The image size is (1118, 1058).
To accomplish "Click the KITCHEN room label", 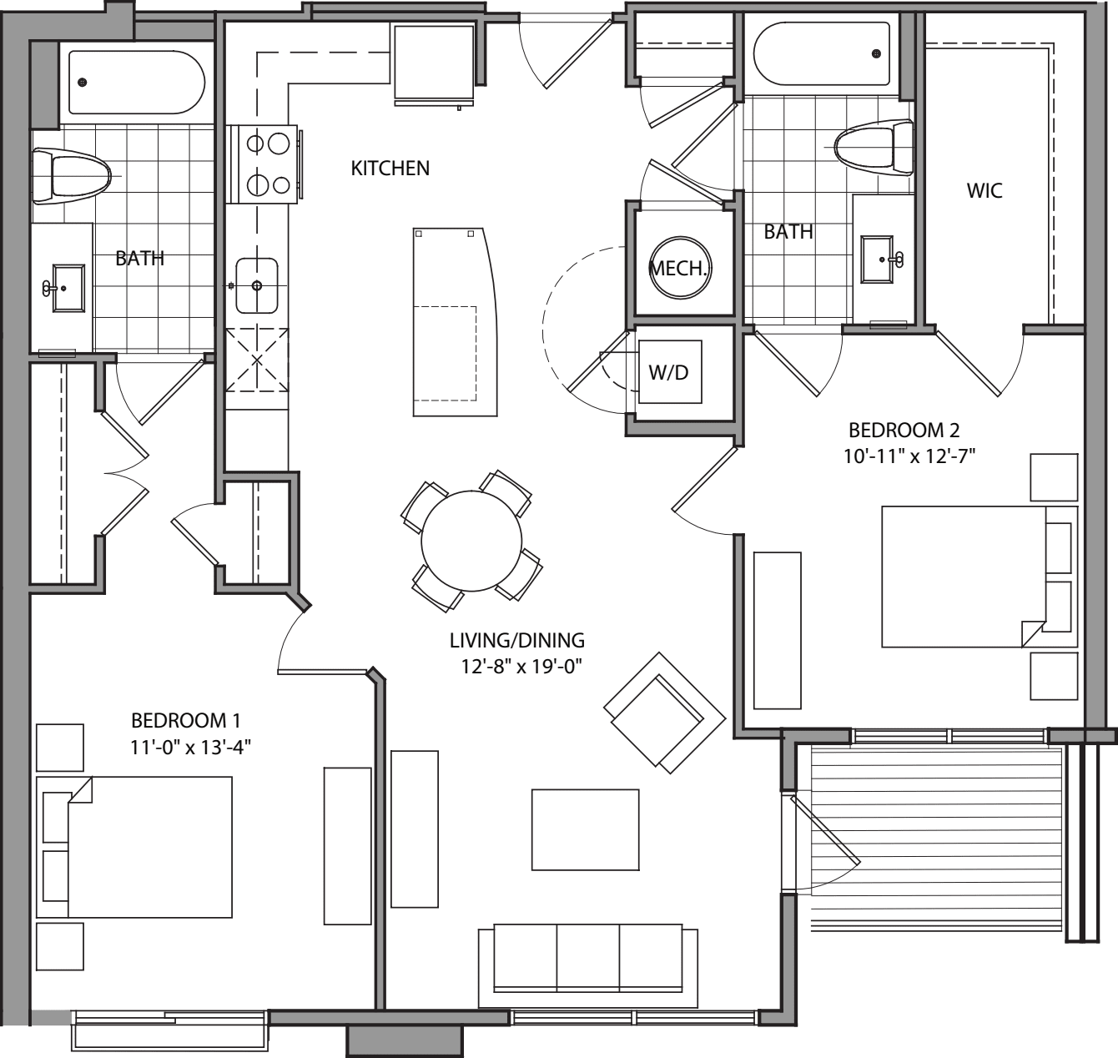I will coord(390,168).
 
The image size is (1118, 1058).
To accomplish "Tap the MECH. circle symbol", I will coord(679,269).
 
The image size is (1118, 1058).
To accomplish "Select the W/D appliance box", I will coord(669,372).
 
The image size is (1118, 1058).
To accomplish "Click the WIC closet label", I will coord(985,190).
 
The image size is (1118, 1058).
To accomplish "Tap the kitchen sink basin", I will coord(256,285).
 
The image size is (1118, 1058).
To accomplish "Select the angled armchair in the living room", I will coord(665,712).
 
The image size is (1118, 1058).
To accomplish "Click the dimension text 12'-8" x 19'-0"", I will coord(516,666).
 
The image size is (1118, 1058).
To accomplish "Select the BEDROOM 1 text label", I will coord(186,720).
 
